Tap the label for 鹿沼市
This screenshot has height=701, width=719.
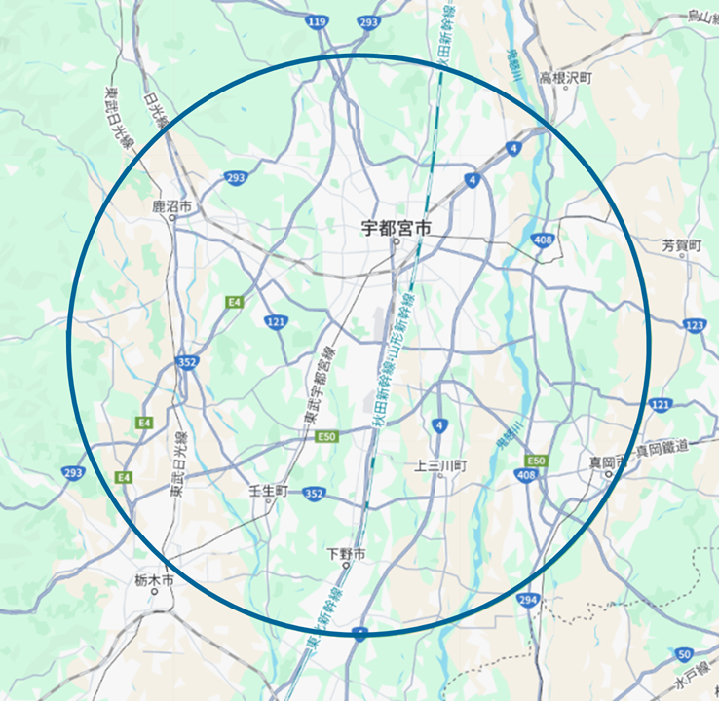click(172, 206)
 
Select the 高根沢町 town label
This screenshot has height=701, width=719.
click(565, 77)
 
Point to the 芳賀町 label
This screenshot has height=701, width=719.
click(681, 245)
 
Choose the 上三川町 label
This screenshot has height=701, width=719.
click(441, 466)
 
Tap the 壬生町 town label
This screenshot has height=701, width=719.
click(269, 491)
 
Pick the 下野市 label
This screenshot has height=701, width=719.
click(346, 554)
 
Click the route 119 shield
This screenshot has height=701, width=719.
click(317, 20)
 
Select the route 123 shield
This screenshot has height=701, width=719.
click(695, 325)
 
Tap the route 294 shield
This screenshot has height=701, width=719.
click(528, 599)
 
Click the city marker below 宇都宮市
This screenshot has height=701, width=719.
click(396, 244)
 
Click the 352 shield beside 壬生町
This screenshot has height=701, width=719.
click(313, 494)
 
